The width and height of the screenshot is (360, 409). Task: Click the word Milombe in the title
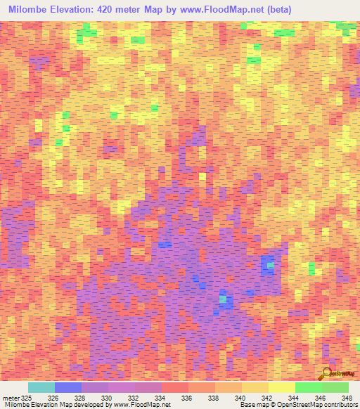[30, 11]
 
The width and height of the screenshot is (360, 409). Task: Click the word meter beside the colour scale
[11, 398]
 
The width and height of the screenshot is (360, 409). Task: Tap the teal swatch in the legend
[41, 387]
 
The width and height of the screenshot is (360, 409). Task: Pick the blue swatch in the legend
[68, 387]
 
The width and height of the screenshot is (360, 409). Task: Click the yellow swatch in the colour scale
[282, 387]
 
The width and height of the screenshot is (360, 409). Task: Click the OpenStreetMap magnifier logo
[328, 372]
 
